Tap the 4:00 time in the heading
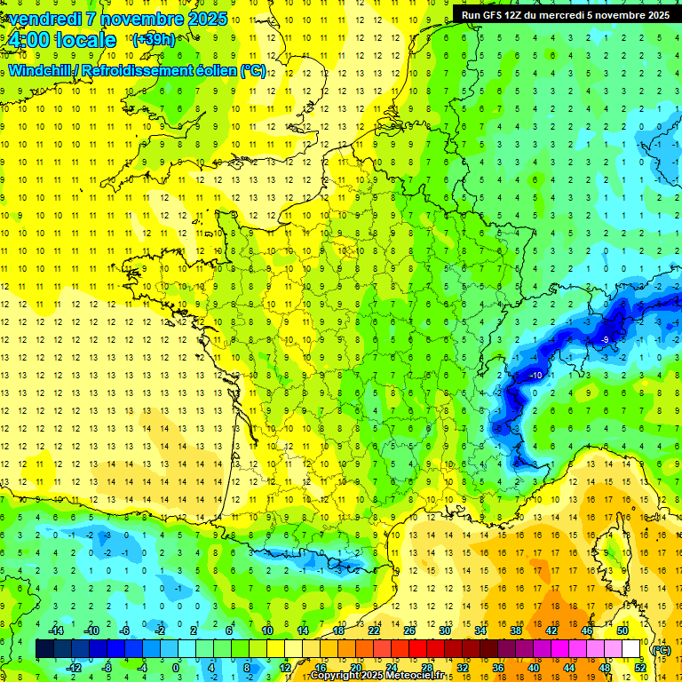[35, 40]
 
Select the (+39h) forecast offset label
[154, 40]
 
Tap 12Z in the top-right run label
[513, 15]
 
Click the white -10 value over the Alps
[535, 376]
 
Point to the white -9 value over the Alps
[604, 339]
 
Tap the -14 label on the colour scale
[56, 630]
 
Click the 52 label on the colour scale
[639, 668]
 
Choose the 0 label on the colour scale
[176, 668]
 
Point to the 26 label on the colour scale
[409, 630]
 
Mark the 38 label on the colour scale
[515, 630]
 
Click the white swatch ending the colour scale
[631, 649]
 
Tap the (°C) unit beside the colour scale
[661, 649]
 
